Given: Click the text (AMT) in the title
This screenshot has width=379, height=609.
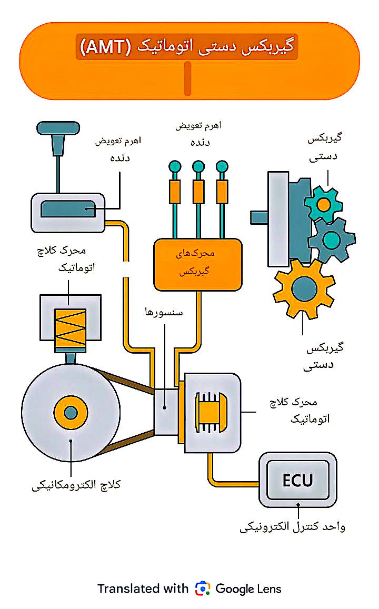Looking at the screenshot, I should pos(106,47).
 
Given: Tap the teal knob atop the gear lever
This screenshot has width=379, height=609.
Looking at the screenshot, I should pos(58,128).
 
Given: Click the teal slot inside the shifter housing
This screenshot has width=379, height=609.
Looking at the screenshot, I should pos(68,209).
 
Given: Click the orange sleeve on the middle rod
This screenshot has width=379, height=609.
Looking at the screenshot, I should pos(198,192).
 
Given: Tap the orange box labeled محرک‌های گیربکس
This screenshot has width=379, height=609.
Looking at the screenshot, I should pos(197,264).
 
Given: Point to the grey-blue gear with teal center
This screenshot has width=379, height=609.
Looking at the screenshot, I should pos(332,240).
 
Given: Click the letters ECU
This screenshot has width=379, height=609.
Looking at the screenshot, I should pos(297,480).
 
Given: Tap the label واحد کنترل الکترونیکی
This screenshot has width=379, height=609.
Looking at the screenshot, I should pos(292,526).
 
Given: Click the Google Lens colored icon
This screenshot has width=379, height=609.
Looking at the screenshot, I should pos(202,588).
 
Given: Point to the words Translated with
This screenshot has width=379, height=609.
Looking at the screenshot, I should pos(142,588).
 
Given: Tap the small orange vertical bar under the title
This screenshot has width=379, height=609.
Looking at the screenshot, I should pos(187,79).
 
